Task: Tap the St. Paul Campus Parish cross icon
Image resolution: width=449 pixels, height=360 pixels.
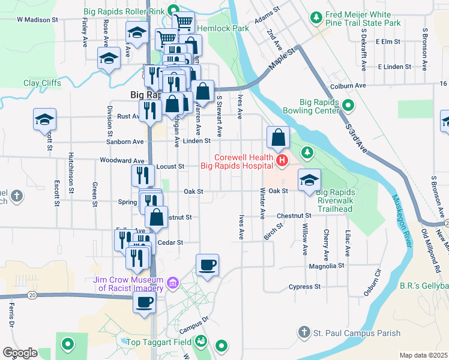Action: coord(304,332)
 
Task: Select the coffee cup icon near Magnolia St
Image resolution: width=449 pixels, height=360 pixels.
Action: coord(208,265)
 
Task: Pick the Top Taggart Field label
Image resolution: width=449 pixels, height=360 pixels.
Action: coord(158,343)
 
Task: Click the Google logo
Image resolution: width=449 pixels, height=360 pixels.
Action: coord(19,353)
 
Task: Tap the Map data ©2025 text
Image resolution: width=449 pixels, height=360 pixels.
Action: coord(423,355)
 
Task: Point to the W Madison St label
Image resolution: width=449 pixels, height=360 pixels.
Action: coord(37,19)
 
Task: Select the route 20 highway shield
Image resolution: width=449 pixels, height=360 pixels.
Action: coord(32,295)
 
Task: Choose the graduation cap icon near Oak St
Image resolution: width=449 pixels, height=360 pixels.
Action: coord(309,179)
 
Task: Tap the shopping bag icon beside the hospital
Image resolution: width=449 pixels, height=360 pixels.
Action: coord(279,137)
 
